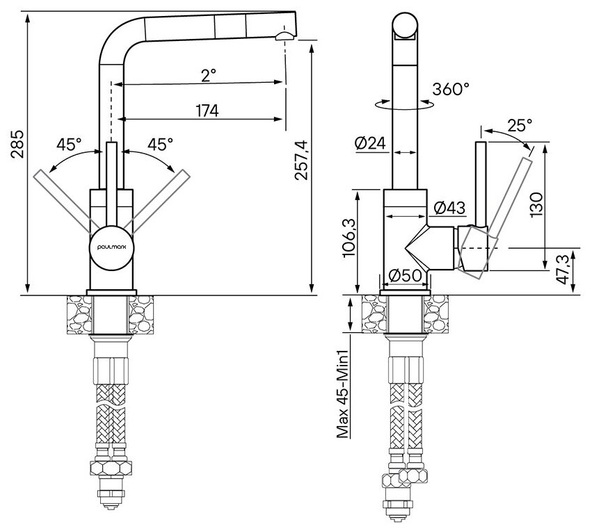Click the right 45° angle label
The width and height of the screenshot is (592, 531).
click(x=161, y=145)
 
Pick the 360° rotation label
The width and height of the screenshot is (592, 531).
click(x=450, y=89)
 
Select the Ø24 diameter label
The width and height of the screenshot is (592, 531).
click(x=370, y=144)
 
